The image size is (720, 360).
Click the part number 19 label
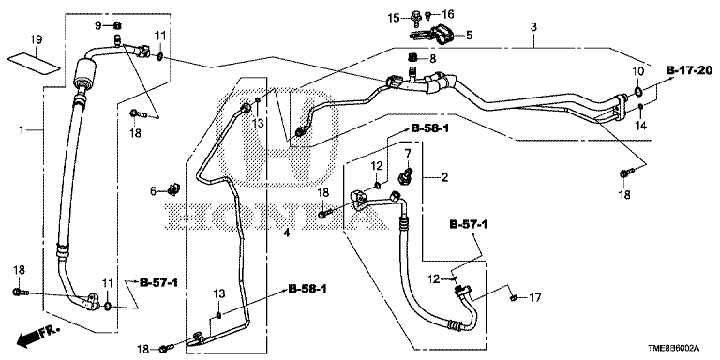(x=37, y=40)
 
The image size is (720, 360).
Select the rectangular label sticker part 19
(x=35, y=63)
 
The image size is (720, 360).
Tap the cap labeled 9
(x=116, y=25)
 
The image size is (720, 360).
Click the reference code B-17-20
(x=689, y=70)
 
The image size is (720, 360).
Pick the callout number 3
(x=533, y=27)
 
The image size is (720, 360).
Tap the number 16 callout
(x=447, y=14)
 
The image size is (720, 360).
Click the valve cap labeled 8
(x=412, y=58)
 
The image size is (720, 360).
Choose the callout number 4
(x=286, y=233)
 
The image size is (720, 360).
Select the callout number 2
(x=444, y=177)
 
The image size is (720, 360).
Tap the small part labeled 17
(x=515, y=298)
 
